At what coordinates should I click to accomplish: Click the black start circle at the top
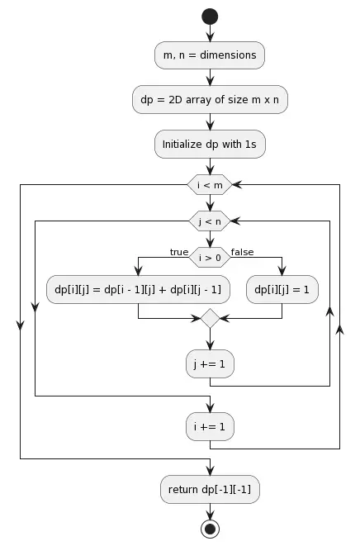click(210, 16)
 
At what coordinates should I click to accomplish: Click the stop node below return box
click(210, 529)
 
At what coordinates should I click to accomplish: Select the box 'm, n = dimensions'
click(210, 55)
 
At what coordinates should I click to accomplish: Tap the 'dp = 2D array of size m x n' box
click(210, 100)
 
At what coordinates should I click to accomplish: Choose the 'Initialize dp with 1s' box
click(210, 144)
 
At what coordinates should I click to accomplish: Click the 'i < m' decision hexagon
click(210, 184)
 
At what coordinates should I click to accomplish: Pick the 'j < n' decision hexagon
click(210, 221)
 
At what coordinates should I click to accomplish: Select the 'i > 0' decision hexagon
click(210, 257)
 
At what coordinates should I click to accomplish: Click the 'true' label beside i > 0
click(179, 251)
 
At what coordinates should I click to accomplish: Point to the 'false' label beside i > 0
click(242, 251)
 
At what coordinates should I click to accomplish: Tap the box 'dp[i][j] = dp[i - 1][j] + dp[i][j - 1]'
click(138, 289)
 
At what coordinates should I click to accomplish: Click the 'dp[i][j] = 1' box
click(282, 289)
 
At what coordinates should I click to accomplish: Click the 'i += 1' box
click(210, 426)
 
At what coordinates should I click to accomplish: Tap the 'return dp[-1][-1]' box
click(210, 489)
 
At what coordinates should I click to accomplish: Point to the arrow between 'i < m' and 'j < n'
click(210, 202)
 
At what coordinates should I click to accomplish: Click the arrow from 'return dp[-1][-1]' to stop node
click(210, 510)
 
